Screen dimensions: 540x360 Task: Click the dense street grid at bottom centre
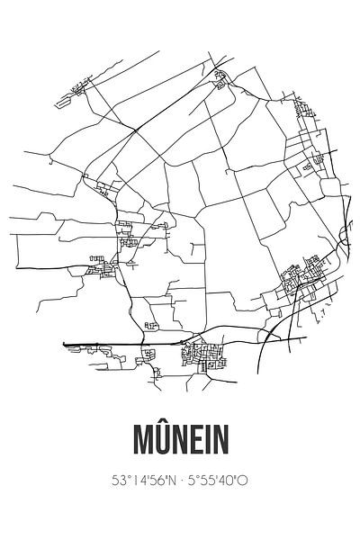pos(200,357)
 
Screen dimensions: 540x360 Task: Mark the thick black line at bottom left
pos(99,342)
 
